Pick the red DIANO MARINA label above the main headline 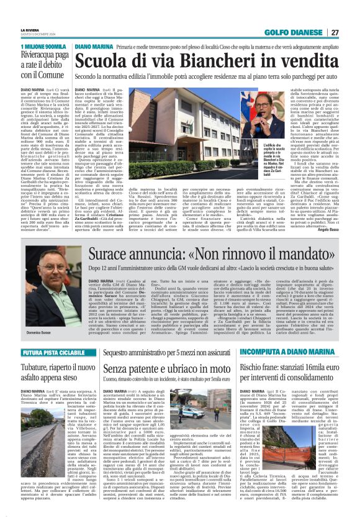pyautogui.click(x=94, y=47)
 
